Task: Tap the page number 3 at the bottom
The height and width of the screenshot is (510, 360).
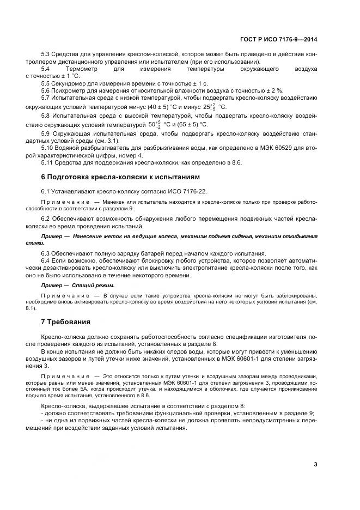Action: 316,464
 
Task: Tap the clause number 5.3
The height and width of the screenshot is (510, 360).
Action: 46,56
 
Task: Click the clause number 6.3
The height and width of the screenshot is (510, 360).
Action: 46,253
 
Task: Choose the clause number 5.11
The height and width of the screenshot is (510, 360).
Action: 47,162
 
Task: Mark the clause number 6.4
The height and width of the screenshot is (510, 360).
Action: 46,260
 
